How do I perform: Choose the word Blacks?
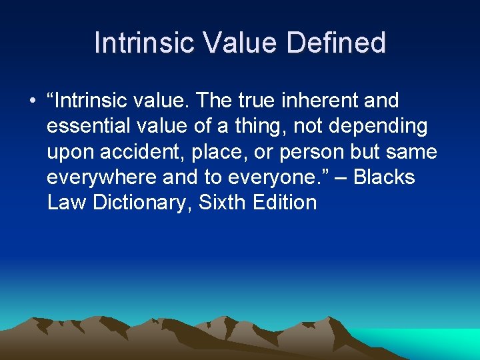coord(385,177)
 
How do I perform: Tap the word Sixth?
coord(223,202)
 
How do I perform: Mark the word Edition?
coord(285,202)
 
